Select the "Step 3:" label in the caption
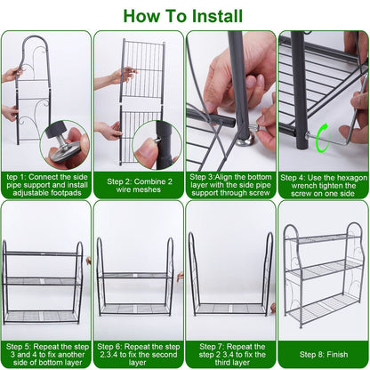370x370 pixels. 204,177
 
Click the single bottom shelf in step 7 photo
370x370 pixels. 229,307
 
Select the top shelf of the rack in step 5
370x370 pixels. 42,253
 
